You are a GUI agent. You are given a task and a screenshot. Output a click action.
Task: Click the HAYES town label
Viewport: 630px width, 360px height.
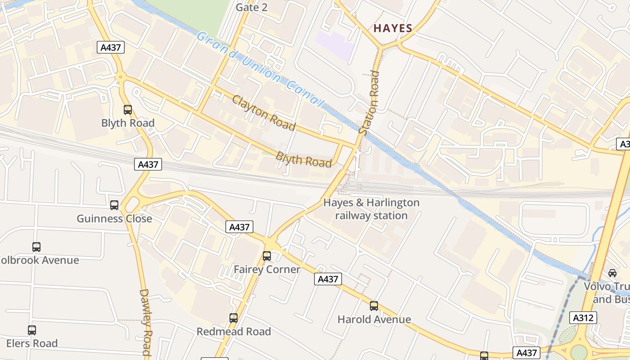[x=393, y=28]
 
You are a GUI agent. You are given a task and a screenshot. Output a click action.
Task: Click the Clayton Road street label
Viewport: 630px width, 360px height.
[x=264, y=112]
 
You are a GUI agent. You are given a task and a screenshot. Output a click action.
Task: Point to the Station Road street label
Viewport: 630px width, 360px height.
[x=369, y=103]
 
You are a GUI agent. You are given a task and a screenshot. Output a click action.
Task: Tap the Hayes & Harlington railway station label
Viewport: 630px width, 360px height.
[x=371, y=209]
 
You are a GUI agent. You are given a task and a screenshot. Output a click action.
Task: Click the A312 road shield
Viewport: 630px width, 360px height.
[x=584, y=318]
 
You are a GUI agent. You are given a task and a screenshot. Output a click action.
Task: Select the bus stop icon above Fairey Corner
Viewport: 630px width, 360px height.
[x=267, y=256]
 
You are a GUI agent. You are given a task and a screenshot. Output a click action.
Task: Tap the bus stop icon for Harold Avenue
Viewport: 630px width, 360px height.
[x=374, y=306]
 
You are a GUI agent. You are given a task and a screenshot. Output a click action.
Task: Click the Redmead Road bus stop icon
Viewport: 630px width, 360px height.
[x=234, y=318]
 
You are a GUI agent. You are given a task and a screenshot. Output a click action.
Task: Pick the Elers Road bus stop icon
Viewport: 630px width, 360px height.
[x=32, y=330]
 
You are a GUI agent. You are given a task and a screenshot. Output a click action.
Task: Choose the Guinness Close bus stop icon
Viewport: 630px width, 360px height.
[x=114, y=205]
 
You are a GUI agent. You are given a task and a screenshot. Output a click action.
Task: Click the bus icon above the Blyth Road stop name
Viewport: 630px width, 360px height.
[x=128, y=109]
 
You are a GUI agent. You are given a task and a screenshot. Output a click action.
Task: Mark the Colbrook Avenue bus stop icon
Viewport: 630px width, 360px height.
[x=36, y=247]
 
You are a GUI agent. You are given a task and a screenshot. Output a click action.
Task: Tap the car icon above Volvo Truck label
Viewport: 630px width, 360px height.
[x=612, y=273]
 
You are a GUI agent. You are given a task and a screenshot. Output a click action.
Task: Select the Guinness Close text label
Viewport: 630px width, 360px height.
[x=114, y=219]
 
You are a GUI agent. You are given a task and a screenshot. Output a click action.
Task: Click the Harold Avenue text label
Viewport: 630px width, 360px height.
[x=374, y=319]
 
